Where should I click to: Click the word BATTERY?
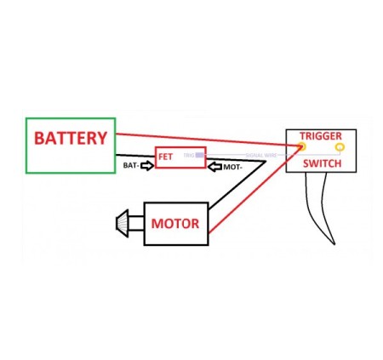(x=71, y=138)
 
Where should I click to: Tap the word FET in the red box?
(x=166, y=157)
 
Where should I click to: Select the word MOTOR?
(x=175, y=225)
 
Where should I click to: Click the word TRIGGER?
(x=321, y=136)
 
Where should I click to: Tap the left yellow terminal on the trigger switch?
(x=302, y=149)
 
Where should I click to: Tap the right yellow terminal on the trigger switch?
(x=340, y=149)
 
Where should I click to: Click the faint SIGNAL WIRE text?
(x=260, y=156)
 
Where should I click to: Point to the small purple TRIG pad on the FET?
(x=199, y=156)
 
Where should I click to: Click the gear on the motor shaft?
(x=124, y=224)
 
